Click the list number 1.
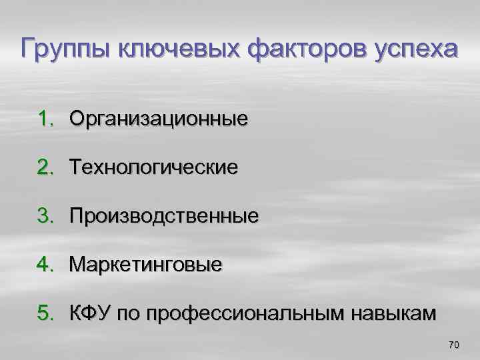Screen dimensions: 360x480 coord(44,119)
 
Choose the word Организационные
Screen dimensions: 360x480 coord(159,120)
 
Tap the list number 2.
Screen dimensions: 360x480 coord(44,167)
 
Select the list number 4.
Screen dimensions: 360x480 coord(44,265)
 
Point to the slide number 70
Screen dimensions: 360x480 coord(455,345)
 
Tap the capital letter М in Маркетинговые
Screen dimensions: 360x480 coord(79,265)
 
